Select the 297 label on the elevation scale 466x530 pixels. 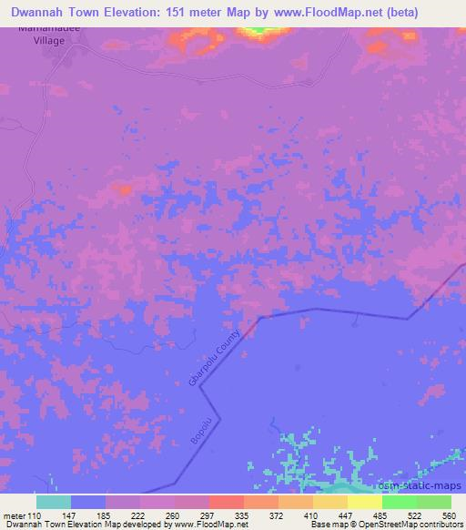pos(208,516)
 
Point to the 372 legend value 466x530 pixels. pos(277,516)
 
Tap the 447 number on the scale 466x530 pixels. pos(346,516)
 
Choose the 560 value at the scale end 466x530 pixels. pos(448,516)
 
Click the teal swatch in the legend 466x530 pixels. pos(53,502)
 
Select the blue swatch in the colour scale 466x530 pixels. pos(87,502)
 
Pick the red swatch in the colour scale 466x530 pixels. pos(226,502)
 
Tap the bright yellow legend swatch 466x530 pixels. pos(364,502)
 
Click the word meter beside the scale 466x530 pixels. pos(13,516)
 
